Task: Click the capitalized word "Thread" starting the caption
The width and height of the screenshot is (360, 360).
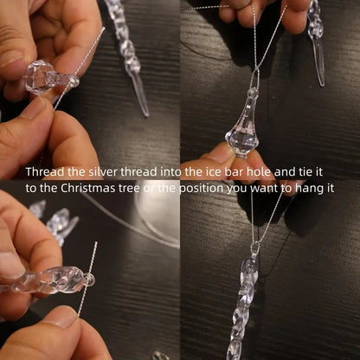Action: (44, 172)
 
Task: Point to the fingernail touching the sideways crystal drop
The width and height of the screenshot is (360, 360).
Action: (35, 109)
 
